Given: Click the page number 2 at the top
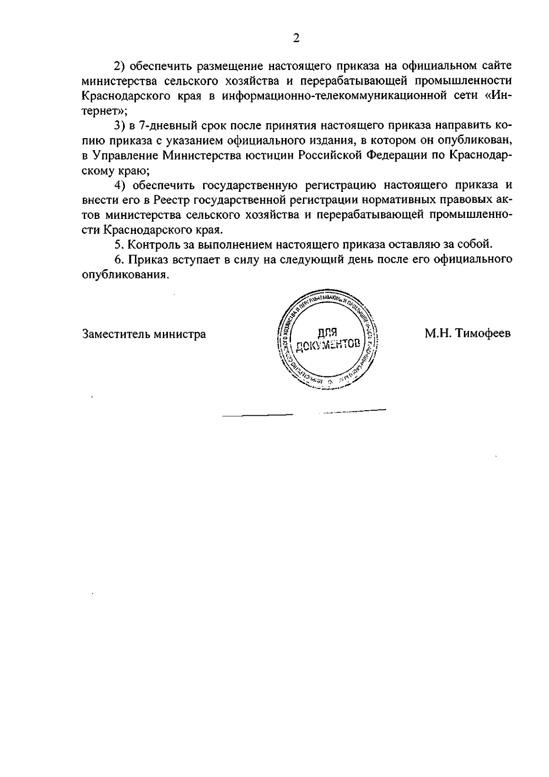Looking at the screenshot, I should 296,38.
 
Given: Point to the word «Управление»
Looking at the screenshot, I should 125,156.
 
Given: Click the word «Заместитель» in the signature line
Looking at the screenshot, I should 116,334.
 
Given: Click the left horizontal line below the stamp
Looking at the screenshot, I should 257,416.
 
